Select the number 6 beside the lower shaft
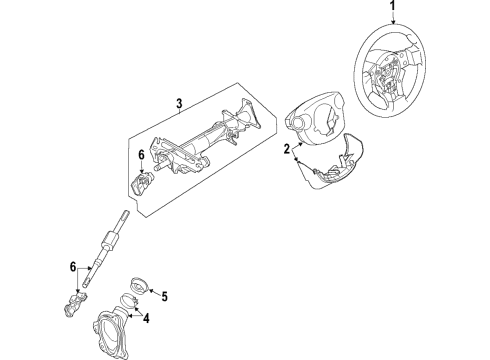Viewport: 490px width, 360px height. (72, 265)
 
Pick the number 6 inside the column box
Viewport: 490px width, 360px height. (141, 155)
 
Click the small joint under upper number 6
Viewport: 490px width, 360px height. (145, 181)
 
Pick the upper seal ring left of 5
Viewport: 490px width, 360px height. (141, 284)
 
